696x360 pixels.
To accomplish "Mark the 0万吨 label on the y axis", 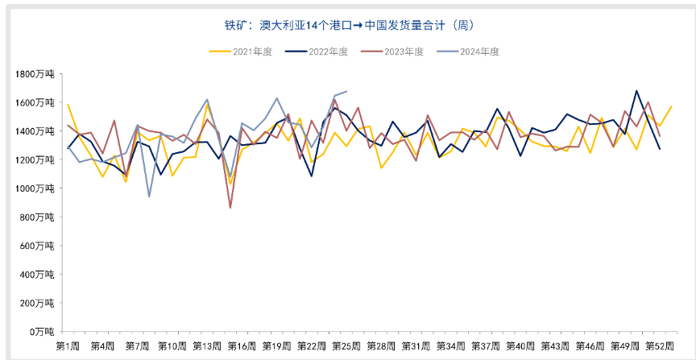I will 42,331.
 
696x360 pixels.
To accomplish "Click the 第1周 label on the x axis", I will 68,346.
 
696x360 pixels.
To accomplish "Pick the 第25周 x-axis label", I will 346,346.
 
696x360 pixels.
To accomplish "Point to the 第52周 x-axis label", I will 660,346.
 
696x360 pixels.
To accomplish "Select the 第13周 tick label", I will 207,346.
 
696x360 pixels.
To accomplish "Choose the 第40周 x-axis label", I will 520,346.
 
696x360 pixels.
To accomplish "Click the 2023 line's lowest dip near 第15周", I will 230,208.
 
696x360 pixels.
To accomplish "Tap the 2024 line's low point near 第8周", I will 149,197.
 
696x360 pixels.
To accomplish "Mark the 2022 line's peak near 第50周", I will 636,90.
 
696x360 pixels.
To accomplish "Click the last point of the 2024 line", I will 346,91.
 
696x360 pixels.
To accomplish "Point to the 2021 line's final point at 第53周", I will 672,106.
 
